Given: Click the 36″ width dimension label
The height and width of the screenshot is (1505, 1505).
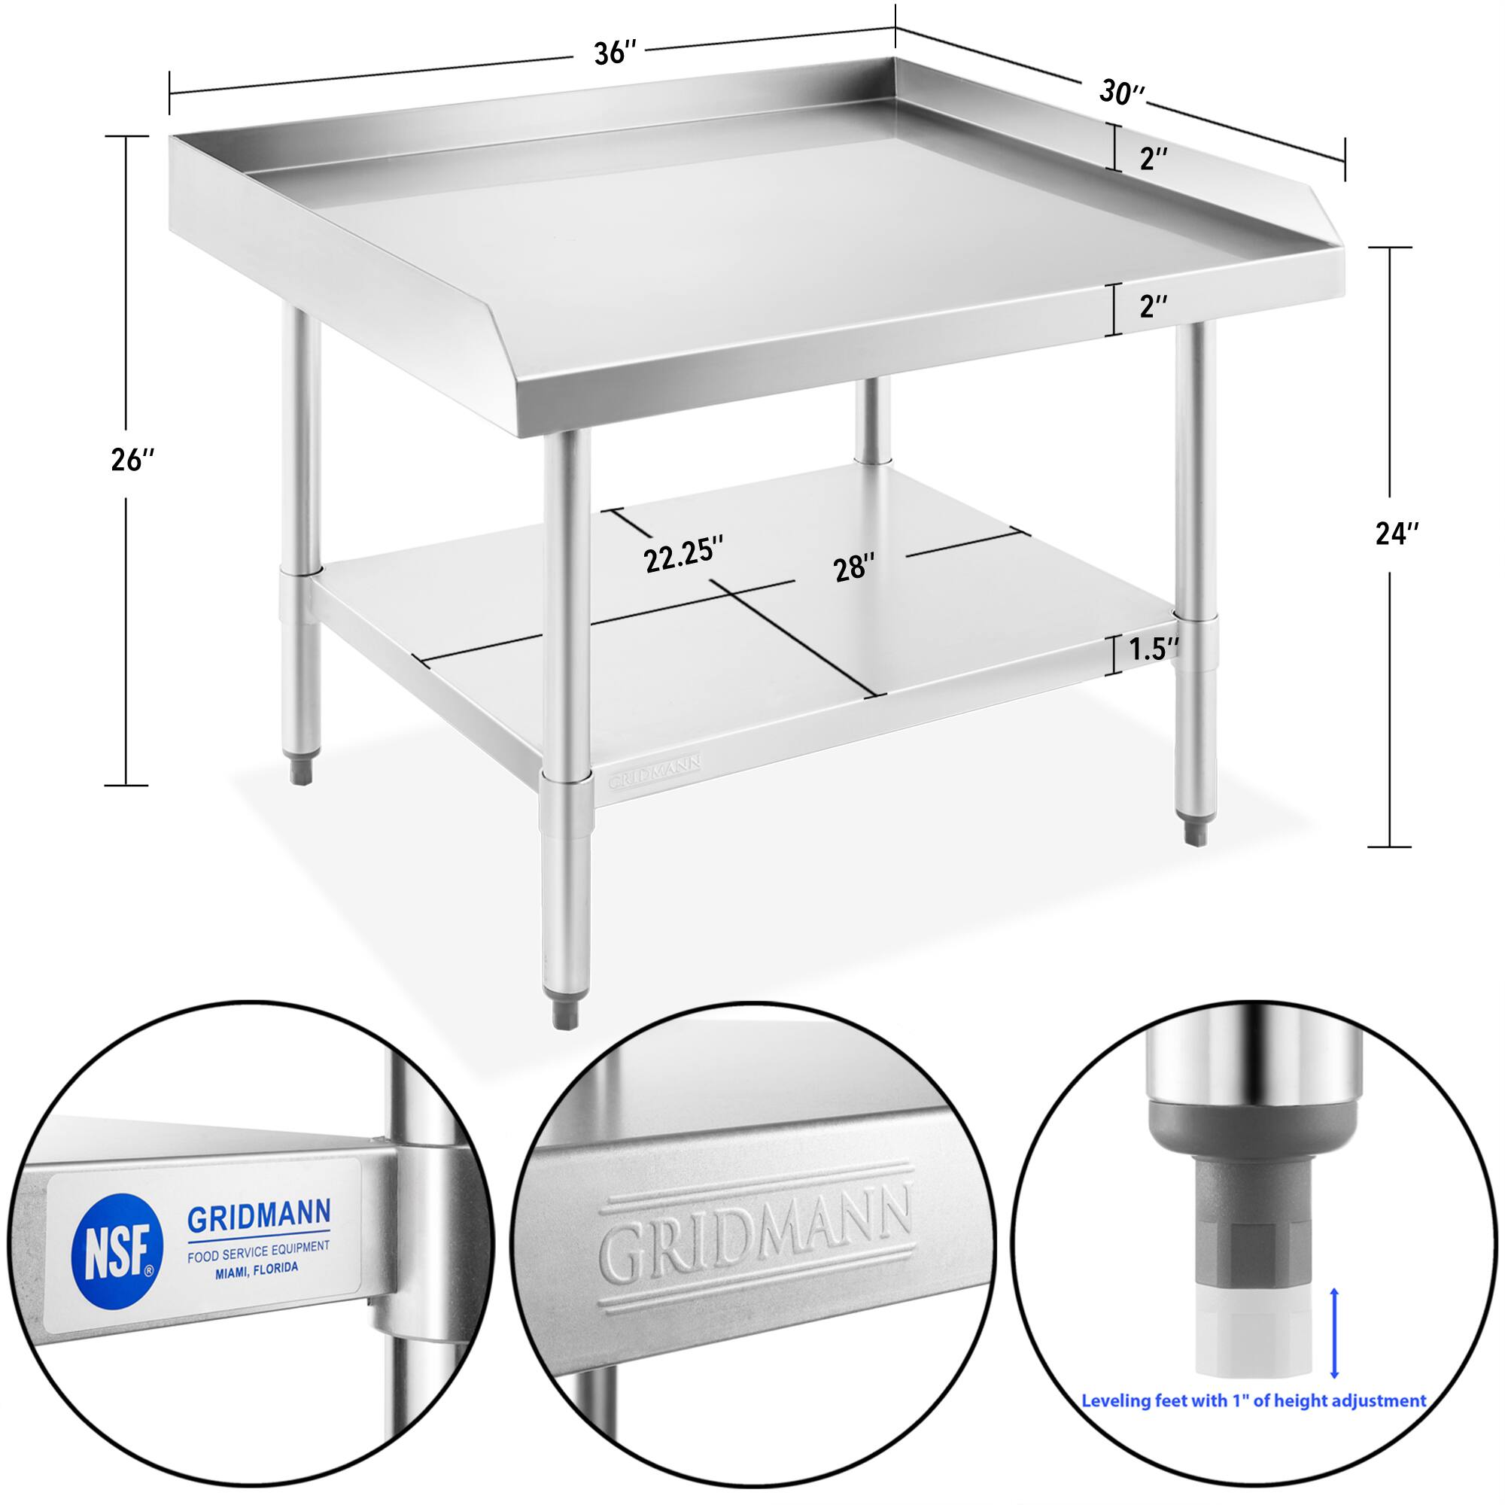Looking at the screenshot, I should (x=616, y=53).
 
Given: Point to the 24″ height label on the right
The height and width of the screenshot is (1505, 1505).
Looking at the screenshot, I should (x=1397, y=534).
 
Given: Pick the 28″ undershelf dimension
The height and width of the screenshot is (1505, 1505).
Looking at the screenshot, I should (x=855, y=568).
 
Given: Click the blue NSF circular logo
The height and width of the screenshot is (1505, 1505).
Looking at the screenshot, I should (x=117, y=1243).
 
